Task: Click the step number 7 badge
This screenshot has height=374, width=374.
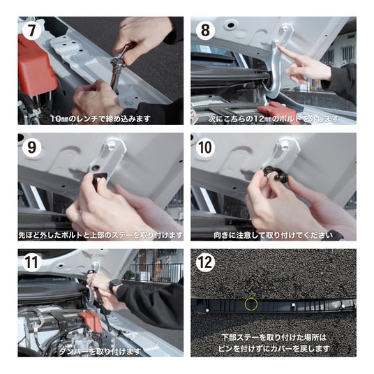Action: click(x=31, y=31)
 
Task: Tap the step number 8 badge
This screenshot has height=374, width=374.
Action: click(x=205, y=31)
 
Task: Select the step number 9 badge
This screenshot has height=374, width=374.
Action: click(x=31, y=147)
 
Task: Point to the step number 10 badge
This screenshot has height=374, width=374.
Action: click(x=205, y=147)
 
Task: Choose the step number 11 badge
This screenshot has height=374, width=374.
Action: click(x=31, y=262)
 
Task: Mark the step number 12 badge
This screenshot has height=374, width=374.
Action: click(x=205, y=262)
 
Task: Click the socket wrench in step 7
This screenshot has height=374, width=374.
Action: click(x=119, y=66)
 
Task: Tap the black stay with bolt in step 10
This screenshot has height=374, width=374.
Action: click(x=277, y=174)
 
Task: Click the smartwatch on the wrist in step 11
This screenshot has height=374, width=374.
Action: click(x=114, y=285)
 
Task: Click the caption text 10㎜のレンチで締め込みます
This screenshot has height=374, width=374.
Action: click(x=100, y=119)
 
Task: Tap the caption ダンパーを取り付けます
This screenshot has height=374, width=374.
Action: click(x=100, y=351)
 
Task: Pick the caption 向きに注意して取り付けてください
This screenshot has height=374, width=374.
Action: click(x=273, y=235)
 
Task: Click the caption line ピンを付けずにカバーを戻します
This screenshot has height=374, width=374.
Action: click(x=274, y=349)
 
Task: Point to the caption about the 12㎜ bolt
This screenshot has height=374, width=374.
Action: click(x=274, y=119)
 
